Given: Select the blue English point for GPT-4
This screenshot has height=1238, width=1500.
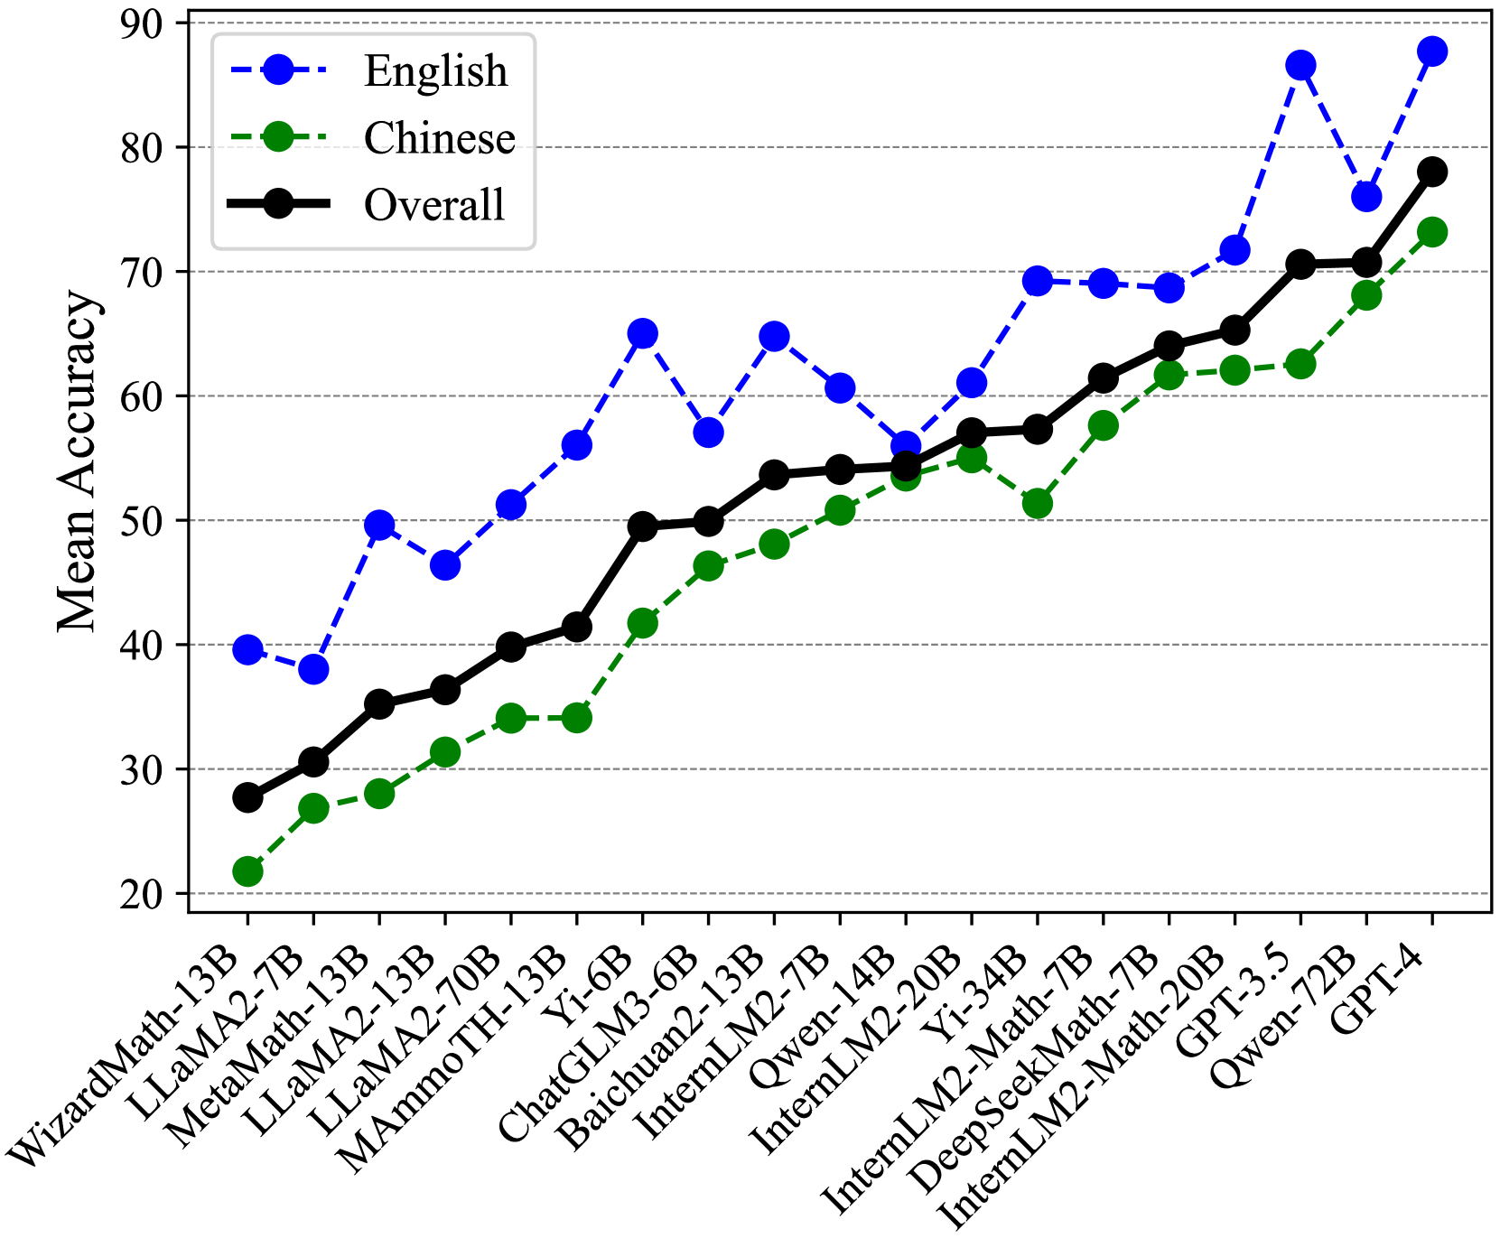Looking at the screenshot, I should (x=1432, y=51).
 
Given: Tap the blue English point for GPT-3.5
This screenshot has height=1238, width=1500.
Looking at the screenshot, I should (x=1300, y=65).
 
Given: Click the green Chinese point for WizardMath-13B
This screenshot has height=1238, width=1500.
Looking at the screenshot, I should (x=247, y=871).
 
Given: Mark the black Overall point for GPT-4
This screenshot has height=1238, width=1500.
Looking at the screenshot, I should (x=1432, y=172).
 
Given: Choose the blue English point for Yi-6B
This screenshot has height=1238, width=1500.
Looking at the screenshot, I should (x=642, y=333).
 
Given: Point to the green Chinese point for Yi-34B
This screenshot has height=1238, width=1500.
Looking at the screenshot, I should (x=1038, y=504).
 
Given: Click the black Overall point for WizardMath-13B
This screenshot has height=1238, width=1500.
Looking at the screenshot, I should (x=247, y=797).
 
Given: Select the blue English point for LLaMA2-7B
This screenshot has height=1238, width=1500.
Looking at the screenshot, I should (x=313, y=669).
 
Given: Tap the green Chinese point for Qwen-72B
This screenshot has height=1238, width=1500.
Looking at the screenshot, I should (x=1366, y=295).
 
